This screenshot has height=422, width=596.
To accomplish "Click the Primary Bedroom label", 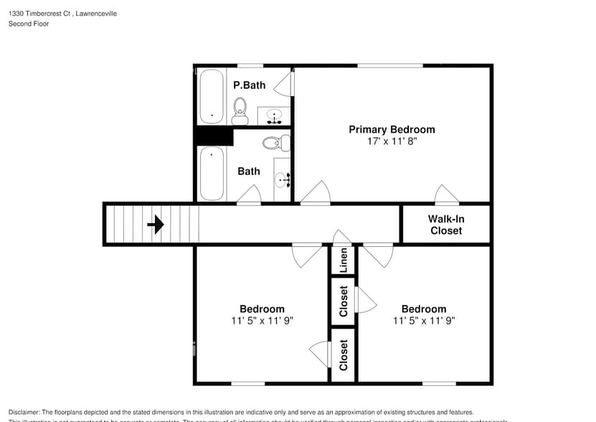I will point(392,130).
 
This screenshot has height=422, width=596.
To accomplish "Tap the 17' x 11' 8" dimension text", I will point(392,142).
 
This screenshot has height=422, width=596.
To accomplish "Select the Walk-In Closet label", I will point(445,225).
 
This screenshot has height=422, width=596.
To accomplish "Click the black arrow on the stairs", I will point(156,225).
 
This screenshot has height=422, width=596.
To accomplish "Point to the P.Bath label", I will point(249,85).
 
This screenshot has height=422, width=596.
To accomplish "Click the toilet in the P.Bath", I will point(240,110).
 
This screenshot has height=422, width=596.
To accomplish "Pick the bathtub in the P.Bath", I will point(212,96).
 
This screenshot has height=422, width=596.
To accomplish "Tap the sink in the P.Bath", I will point(274,115).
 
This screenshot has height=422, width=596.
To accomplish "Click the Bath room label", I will point(249,172).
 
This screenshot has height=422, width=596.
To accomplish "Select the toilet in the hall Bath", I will point(274,143).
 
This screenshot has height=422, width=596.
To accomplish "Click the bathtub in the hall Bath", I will point(212,173).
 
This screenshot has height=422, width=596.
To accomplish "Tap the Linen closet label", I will point(344,261).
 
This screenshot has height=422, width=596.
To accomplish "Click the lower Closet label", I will point(344,355).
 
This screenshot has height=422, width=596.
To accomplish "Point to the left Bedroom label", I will point(262,309).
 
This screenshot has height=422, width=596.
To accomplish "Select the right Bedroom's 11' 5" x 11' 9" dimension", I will point(424,321).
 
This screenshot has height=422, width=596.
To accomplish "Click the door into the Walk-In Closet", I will point(447,194).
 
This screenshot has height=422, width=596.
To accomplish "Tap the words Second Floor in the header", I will point(29,24).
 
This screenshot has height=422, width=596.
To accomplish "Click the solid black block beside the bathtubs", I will point(214,136).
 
